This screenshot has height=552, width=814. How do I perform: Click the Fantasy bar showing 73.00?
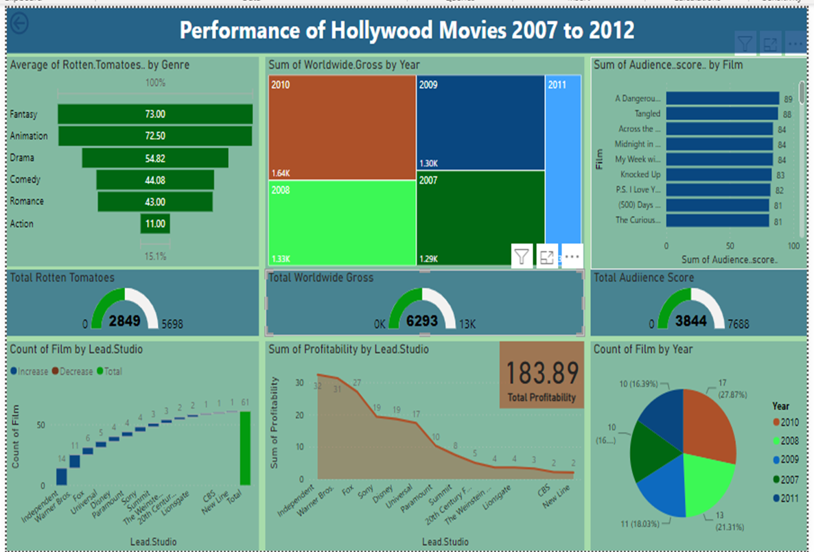pos(155,114)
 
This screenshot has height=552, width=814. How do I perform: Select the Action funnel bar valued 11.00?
pos(155,224)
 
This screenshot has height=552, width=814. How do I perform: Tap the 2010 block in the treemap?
pos(342,127)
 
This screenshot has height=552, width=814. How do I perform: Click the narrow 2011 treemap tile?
pos(563,165)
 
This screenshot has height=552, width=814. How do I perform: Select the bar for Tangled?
pos(721,114)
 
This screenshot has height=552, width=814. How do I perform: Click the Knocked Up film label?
pos(640,175)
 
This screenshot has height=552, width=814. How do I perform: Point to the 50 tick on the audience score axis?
pos(730,245)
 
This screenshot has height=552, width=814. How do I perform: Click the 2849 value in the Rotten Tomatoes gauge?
pos(124,321)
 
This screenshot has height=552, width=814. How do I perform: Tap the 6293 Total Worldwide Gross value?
pos(421,321)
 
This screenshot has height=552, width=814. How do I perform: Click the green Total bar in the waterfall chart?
pos(245,448)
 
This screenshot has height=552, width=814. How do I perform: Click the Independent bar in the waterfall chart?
pos(61,477)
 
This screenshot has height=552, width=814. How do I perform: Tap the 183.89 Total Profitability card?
pos(542,374)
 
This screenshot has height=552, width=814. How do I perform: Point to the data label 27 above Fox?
pos(357,383)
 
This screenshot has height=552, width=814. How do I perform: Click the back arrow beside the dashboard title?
pos(19,24)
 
